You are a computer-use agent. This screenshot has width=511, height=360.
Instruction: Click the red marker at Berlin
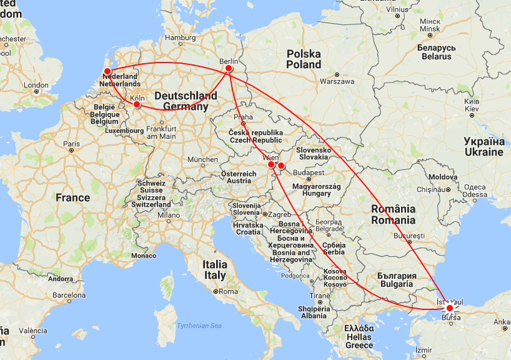coord(229,68)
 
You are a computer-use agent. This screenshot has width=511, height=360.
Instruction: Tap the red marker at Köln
coord(137,104)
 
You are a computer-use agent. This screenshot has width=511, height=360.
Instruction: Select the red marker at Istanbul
coord(449,307)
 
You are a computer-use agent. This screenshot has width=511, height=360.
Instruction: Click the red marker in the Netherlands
coord(107,71)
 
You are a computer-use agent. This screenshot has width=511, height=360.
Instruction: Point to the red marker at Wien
coord(271,165)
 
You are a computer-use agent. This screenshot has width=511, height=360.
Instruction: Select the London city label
coord(36,85)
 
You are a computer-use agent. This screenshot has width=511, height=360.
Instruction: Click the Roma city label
coord(229,291)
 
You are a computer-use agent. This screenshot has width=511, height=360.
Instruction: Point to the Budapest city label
coord(309,172)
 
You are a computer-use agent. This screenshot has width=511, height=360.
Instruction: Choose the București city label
coord(409,236)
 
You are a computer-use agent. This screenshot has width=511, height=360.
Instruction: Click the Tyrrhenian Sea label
coord(199,326)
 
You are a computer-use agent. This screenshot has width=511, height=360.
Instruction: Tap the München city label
coord(202,159)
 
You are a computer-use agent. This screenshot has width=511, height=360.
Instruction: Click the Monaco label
coord(144,256)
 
